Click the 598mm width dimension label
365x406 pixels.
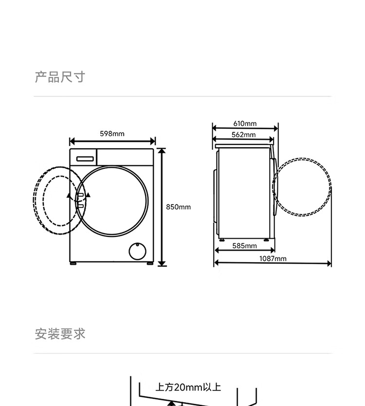[x=112, y=134]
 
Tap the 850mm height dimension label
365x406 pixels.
[x=178, y=207]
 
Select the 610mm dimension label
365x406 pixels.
[x=244, y=124]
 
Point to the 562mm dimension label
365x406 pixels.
[x=243, y=135]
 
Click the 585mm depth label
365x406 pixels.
[x=244, y=246]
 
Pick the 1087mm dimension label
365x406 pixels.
[x=273, y=258]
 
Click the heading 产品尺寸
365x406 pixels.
[x=60, y=77]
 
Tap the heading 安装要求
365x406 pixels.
[x=60, y=334]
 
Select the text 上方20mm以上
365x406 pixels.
[x=188, y=388]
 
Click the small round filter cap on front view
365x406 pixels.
[x=137, y=250]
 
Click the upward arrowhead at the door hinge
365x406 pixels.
[x=69, y=196]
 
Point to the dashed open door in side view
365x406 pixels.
[x=302, y=187]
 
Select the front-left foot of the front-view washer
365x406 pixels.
[x=73, y=264]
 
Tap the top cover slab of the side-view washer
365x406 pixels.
[x=244, y=145]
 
